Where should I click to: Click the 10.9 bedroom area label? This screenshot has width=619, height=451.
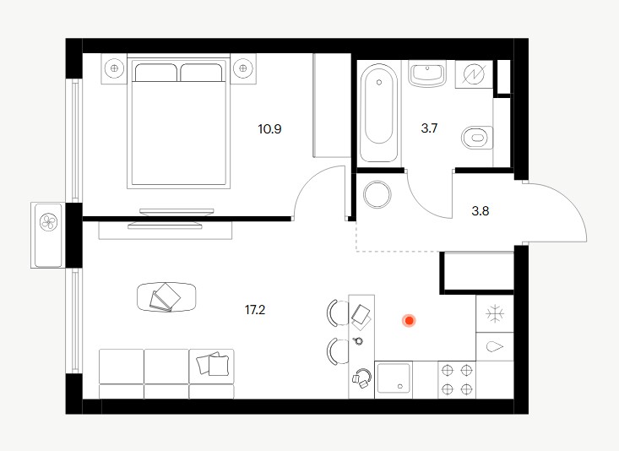269,129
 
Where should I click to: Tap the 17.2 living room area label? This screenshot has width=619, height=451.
255,310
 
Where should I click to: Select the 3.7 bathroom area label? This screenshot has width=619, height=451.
429,128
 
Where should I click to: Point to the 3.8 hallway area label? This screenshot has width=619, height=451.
481,211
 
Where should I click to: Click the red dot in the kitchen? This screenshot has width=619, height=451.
410,321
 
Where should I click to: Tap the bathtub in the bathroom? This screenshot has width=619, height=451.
379,113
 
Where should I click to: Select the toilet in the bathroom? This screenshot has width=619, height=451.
478,138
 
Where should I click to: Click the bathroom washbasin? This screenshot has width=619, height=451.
427,73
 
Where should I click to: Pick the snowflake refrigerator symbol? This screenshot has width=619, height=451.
495,314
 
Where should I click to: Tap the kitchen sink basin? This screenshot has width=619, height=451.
394,380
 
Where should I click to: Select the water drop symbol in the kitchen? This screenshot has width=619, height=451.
496,347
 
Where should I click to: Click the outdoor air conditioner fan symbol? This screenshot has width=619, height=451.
49,222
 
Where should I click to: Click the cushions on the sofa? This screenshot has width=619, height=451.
213,363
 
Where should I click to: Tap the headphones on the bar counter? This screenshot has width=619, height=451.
362,378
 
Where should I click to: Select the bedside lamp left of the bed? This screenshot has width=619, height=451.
115,68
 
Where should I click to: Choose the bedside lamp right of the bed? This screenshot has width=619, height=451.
242,68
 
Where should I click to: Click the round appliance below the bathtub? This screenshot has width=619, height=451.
377,195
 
